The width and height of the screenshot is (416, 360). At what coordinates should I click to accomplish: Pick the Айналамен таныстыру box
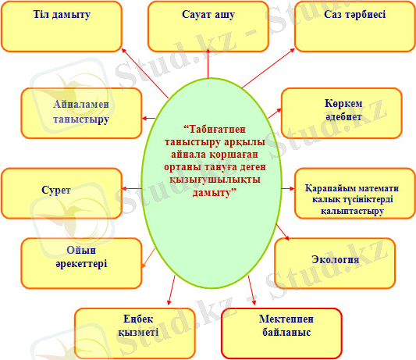(81, 112)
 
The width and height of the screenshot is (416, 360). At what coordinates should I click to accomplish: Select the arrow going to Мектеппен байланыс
(251, 290)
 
